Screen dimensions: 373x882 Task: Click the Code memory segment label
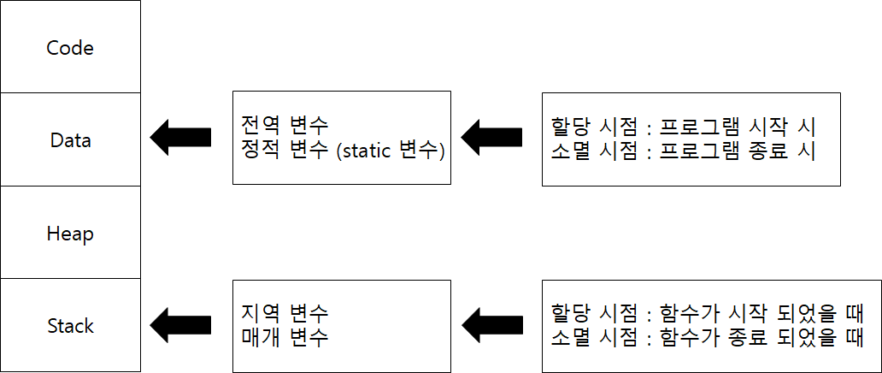[x=70, y=47]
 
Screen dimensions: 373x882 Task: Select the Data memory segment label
[x=70, y=139]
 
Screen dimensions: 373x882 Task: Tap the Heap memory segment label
[x=70, y=234]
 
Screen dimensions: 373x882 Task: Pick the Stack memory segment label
[x=70, y=326]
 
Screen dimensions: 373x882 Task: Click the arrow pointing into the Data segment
[x=180, y=136]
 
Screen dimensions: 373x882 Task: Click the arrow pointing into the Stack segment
[x=180, y=323]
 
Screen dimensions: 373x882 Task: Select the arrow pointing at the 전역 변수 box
[x=491, y=136]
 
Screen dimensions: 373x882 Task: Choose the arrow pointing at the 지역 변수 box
[x=491, y=323]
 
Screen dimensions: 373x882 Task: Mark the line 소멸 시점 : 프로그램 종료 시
[x=684, y=151]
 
